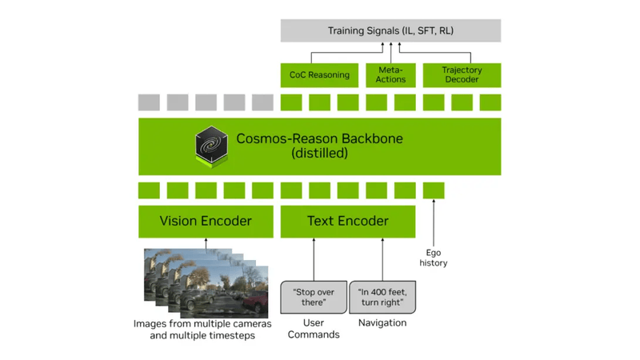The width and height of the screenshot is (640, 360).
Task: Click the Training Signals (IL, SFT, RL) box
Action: (390, 31)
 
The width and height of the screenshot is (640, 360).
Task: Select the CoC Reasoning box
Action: (319, 75)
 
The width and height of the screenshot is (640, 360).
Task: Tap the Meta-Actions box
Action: (390, 75)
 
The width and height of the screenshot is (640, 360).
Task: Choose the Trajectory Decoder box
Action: (462, 75)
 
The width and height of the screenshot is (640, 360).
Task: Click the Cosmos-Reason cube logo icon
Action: (212, 146)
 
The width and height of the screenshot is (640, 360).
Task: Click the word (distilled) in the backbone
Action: (319, 153)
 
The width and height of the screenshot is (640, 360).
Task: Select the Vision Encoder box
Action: (206, 222)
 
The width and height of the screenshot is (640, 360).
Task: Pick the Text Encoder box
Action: (347, 222)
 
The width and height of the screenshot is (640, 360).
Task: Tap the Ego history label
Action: (434, 258)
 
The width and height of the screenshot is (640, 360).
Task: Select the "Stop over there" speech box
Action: (314, 298)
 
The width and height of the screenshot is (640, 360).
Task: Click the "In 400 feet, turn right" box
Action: (382, 298)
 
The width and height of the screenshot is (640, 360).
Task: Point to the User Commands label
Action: (314, 328)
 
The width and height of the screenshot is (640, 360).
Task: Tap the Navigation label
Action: (382, 322)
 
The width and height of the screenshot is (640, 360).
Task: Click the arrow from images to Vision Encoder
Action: (206, 244)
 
